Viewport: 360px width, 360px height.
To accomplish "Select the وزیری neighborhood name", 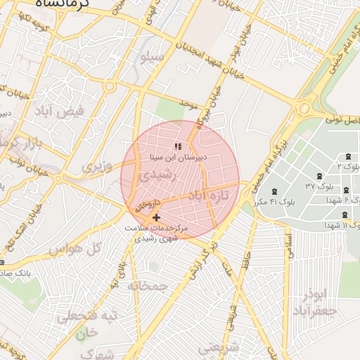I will click(x=96, y=167).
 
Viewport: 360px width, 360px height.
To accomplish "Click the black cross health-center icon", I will click(x=155, y=218).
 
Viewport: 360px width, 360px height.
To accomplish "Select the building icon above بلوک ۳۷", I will click(x=321, y=175).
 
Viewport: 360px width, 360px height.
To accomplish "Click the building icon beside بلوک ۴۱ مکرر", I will click(x=274, y=192).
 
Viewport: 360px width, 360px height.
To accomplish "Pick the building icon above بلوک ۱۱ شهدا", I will click(x=344, y=214).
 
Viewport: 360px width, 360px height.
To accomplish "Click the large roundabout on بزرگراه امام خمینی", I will click(x=307, y=109).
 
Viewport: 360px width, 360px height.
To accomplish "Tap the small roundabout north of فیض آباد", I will click(x=110, y=87).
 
